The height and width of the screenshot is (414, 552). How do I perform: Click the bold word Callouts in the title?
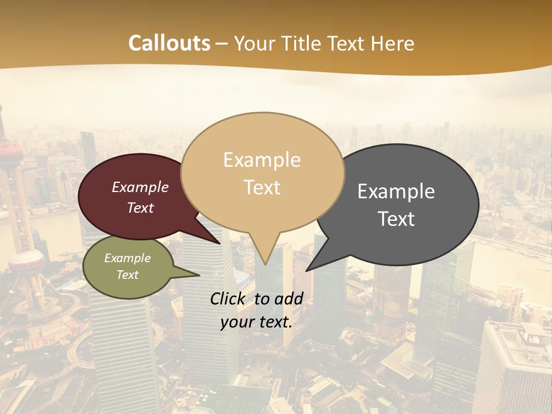(169, 43)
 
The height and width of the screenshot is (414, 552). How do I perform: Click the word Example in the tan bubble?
(262, 160)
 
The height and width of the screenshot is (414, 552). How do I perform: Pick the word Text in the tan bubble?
(262, 187)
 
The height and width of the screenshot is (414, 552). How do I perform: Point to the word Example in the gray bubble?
(396, 191)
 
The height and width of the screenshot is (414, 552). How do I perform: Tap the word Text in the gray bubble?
(396, 218)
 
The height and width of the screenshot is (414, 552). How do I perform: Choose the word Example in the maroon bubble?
(140, 187)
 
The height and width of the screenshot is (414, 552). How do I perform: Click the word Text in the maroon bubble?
(140, 208)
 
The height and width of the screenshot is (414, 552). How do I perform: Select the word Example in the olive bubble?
(127, 258)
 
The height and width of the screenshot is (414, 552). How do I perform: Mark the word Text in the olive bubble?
(127, 275)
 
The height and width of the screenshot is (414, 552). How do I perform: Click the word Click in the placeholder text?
(229, 298)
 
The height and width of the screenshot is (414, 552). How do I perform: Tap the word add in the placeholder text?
(289, 298)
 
